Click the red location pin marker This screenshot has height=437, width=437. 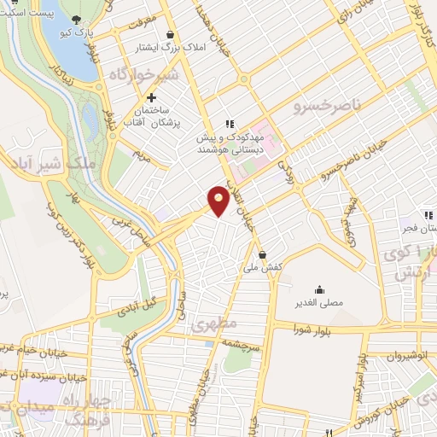click(x=219, y=200)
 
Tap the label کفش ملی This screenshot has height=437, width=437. click(x=262, y=267)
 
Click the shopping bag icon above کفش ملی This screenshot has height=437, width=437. click(x=262, y=254)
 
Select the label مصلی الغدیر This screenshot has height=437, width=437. click(x=318, y=303)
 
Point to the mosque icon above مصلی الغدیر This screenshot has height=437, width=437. click(x=319, y=289)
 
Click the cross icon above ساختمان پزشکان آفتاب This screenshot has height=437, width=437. click(x=152, y=98)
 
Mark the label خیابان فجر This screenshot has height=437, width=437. click(x=419, y=228)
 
